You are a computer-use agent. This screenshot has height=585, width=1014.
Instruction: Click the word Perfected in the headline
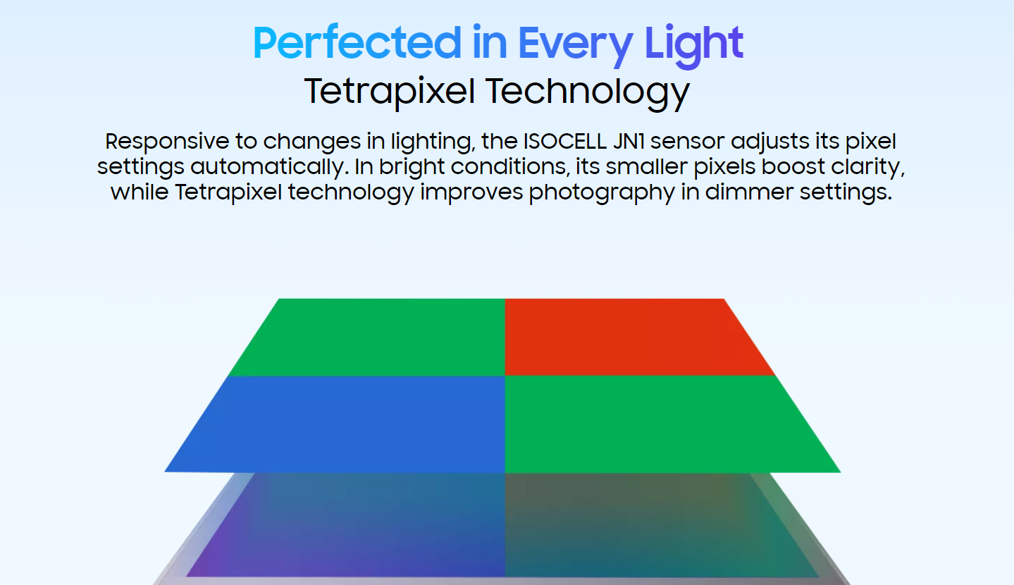coord(357,43)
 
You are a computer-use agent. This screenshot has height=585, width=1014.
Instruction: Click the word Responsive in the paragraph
coord(167,142)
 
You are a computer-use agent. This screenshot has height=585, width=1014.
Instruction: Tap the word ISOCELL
coord(564,141)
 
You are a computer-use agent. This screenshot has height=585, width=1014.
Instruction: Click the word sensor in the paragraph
coord(688,142)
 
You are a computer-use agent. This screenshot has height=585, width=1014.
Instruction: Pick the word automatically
coord(270,167)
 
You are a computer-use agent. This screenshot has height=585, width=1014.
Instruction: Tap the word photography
coord(602,192)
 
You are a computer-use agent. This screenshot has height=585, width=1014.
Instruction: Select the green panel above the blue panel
coord(376,337)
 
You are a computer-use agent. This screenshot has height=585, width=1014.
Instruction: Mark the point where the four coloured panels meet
coord(505,376)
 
